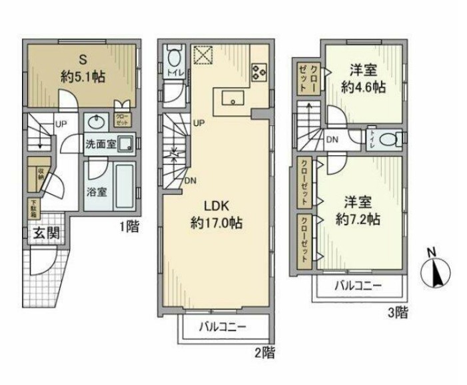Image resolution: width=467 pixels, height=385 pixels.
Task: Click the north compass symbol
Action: pyautogui.click(x=436, y=269)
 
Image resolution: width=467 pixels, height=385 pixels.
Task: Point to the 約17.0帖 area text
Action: pyautogui.click(x=215, y=224)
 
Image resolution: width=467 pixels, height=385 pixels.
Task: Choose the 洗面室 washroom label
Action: pyautogui.click(x=100, y=144)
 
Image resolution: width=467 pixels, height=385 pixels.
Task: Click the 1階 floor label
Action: pyautogui.click(x=130, y=227)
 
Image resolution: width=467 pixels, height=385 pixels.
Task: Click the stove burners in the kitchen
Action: pyautogui.click(x=258, y=71)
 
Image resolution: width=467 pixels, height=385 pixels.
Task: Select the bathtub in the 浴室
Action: pyautogui.click(x=124, y=187)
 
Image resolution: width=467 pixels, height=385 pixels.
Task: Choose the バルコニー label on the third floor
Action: pyautogui.click(x=358, y=287)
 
